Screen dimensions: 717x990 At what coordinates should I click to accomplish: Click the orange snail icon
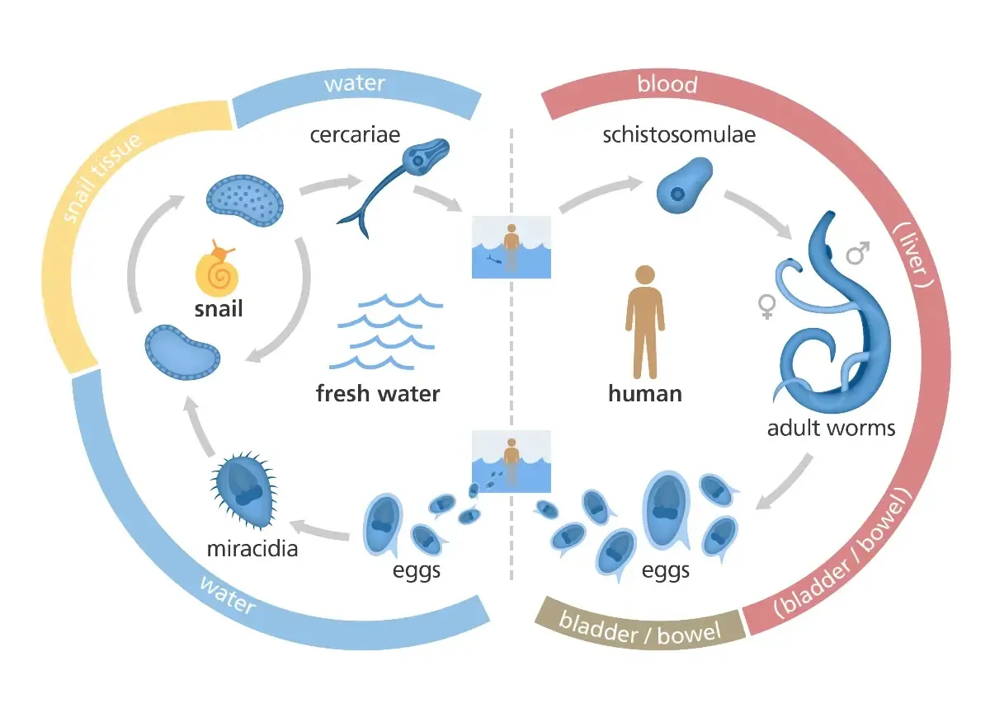[217, 270]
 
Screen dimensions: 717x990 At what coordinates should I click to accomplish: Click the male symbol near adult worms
[858, 252]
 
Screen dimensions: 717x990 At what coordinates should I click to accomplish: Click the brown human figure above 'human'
[643, 321]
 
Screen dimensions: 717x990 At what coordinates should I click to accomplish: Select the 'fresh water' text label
[378, 393]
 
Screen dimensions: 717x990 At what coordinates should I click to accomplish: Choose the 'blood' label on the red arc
[667, 84]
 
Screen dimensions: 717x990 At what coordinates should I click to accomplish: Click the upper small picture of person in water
[511, 246]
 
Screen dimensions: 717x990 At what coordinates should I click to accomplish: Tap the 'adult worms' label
[831, 429]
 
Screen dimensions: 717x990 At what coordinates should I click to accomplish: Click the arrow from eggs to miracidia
[323, 529]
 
